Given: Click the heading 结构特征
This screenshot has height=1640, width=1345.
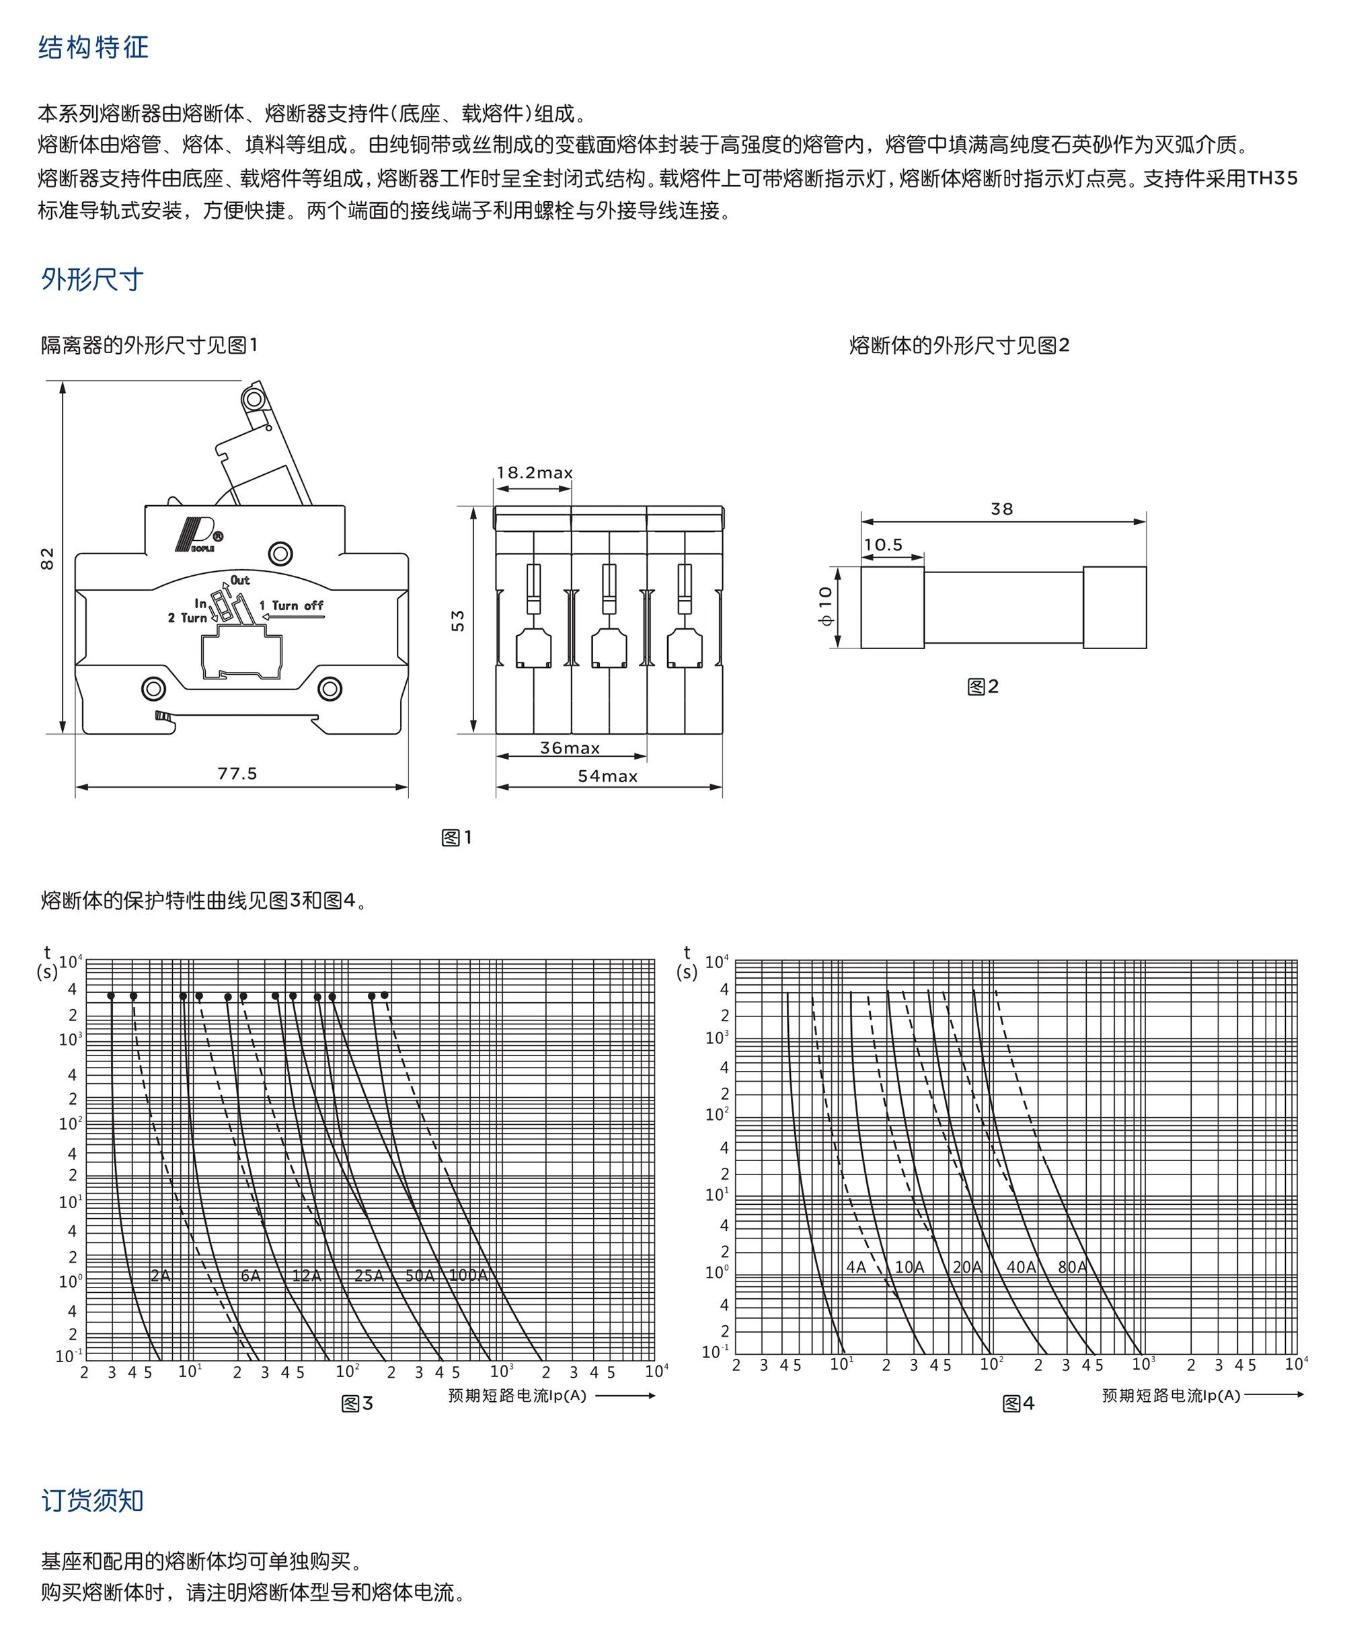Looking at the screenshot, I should (x=93, y=47).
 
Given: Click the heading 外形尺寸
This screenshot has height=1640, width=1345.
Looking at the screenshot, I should (x=92, y=279).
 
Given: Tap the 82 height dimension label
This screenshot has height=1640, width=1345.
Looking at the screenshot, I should (x=47, y=558).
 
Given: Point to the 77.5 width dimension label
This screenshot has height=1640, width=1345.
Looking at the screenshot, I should (x=237, y=774).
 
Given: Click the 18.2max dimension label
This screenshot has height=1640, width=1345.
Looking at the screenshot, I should (x=535, y=472).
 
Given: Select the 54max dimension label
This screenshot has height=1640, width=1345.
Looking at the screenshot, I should (x=607, y=776).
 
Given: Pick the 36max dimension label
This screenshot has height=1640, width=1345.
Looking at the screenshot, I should (x=570, y=748).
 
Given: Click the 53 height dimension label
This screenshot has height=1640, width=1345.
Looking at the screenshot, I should (x=458, y=621).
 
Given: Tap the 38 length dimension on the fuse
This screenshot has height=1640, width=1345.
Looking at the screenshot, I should (x=1002, y=509).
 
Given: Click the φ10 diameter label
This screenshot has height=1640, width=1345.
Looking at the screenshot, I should (x=825, y=606).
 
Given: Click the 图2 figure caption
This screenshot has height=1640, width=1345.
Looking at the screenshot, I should (x=983, y=687).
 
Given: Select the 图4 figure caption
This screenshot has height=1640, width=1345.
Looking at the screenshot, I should (x=1018, y=1403).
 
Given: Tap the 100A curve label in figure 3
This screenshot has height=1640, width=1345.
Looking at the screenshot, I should (x=468, y=1275).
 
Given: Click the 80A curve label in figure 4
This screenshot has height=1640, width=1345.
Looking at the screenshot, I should (x=1072, y=1267).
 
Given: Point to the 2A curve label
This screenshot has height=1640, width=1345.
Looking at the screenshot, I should (x=160, y=1275).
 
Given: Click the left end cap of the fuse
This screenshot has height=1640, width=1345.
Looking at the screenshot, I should (x=892, y=607).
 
